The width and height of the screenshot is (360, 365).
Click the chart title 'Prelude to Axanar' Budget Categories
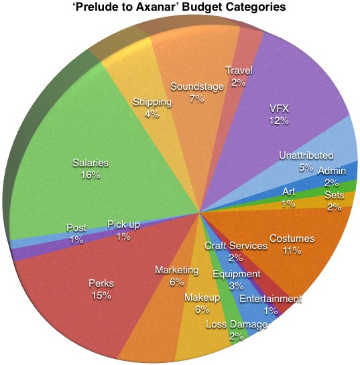pos(180,7)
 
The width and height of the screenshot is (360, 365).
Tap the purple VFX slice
pos(280,117)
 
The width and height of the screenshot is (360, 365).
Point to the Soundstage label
pos(197,86)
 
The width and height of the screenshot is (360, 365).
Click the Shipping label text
pos(152,102)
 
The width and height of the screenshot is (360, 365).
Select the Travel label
pos(239,70)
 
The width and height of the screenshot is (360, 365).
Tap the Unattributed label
pos(306,155)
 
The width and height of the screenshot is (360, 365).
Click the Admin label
pos(332,171)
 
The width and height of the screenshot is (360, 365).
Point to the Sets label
pos(335,195)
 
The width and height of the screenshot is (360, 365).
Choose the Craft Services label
pos(236,246)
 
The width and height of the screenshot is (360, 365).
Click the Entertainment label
pos(271,299)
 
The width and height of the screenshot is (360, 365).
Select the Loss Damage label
pos(236,324)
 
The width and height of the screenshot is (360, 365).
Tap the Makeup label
pos(202,297)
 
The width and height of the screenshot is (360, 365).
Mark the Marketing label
pos(176,270)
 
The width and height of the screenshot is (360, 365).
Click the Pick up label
pos(123,224)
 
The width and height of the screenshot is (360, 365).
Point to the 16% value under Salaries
pos(91,175)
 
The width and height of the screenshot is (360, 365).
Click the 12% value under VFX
pos(279,121)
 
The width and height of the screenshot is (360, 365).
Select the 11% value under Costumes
pos(292,250)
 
